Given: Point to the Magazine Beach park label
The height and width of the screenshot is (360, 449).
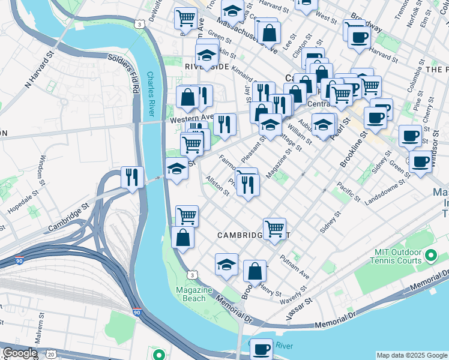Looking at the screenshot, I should pos(194,294).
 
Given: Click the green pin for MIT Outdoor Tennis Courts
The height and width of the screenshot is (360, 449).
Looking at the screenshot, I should pos(430,256).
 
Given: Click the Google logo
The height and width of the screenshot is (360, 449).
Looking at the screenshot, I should pos(20,353).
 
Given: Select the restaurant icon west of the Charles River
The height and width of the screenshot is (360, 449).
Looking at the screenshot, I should pos(131,178).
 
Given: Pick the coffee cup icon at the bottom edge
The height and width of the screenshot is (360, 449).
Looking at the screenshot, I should pos(261,349).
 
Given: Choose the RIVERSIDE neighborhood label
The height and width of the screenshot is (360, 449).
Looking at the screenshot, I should pos(207,67).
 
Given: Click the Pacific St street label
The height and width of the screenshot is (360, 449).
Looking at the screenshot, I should pos(348,191).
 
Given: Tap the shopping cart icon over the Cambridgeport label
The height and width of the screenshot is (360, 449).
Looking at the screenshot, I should pos(274,229).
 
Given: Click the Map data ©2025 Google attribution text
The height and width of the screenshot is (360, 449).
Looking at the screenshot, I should pos(412,355).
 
